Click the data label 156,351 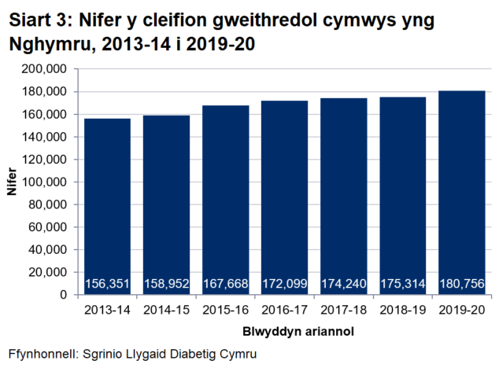coord(107,283)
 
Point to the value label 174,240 coord(343,283)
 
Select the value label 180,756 coord(461,283)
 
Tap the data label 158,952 coord(166,283)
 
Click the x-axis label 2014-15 coord(166,311)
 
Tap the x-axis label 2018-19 coord(402,311)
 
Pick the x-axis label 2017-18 coord(343,311)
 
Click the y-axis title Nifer coord(11,182)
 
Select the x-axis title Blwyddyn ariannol coord(285,332)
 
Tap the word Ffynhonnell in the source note coord(40,354)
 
